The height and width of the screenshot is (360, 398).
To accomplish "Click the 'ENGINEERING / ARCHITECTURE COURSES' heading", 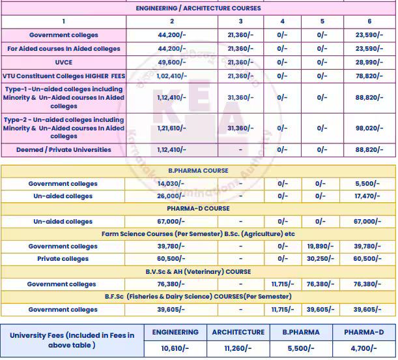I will pos(198,8).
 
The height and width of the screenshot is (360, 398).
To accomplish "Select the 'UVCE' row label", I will pos(63,62).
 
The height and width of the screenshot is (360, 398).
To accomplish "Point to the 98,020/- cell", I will pos(369,128).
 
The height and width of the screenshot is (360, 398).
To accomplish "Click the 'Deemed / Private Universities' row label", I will pos(63,150).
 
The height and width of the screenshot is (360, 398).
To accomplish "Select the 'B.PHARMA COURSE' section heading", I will pos(198,171).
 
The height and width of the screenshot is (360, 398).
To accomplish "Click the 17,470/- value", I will pos(369,196).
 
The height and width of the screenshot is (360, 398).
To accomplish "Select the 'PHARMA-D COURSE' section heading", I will pos(198,209).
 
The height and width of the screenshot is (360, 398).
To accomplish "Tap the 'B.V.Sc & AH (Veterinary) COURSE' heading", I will pos(198,272).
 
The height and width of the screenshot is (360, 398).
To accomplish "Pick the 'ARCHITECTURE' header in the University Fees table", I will pos(238,332).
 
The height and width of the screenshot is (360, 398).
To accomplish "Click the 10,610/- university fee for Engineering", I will pos(175,349).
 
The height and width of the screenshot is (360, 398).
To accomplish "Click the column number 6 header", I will pos(369,22).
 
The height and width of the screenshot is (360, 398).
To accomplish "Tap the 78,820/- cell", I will pos(369,76).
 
